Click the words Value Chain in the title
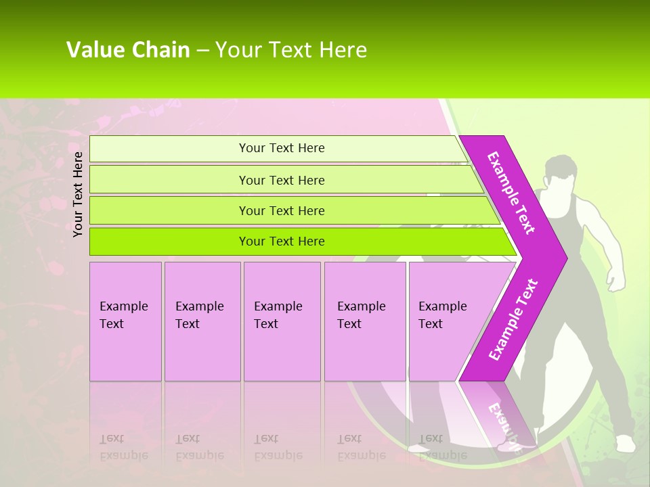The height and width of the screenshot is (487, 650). pyautogui.click(x=128, y=49)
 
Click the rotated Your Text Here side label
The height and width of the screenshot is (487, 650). pyautogui.click(x=78, y=194)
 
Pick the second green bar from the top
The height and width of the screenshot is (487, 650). pyautogui.click(x=282, y=180)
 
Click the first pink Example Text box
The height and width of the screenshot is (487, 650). pyautogui.click(x=125, y=321)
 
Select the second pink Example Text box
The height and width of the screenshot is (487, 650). pyautogui.click(x=202, y=321)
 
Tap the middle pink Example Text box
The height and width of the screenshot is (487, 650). pyautogui.click(x=282, y=321)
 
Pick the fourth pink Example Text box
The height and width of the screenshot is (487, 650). pyautogui.click(x=364, y=321)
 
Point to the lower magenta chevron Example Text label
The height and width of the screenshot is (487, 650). pyautogui.click(x=513, y=320)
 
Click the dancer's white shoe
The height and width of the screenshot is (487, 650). pyautogui.click(x=625, y=444)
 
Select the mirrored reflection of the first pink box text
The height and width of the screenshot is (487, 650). pyautogui.click(x=124, y=447)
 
